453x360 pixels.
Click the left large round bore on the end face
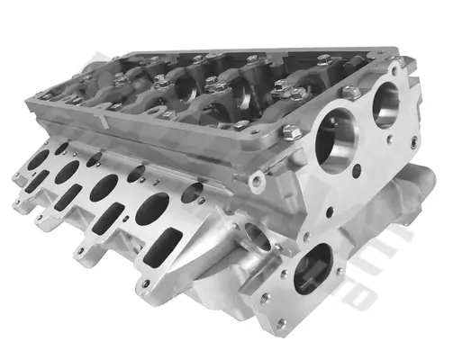(337, 141)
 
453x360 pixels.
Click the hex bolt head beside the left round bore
(291, 133)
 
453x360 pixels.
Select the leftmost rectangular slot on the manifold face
(32, 183)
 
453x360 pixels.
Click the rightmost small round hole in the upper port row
(192, 192)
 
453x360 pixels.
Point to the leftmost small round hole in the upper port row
(61, 147)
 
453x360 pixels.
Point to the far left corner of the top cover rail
(41, 94)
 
